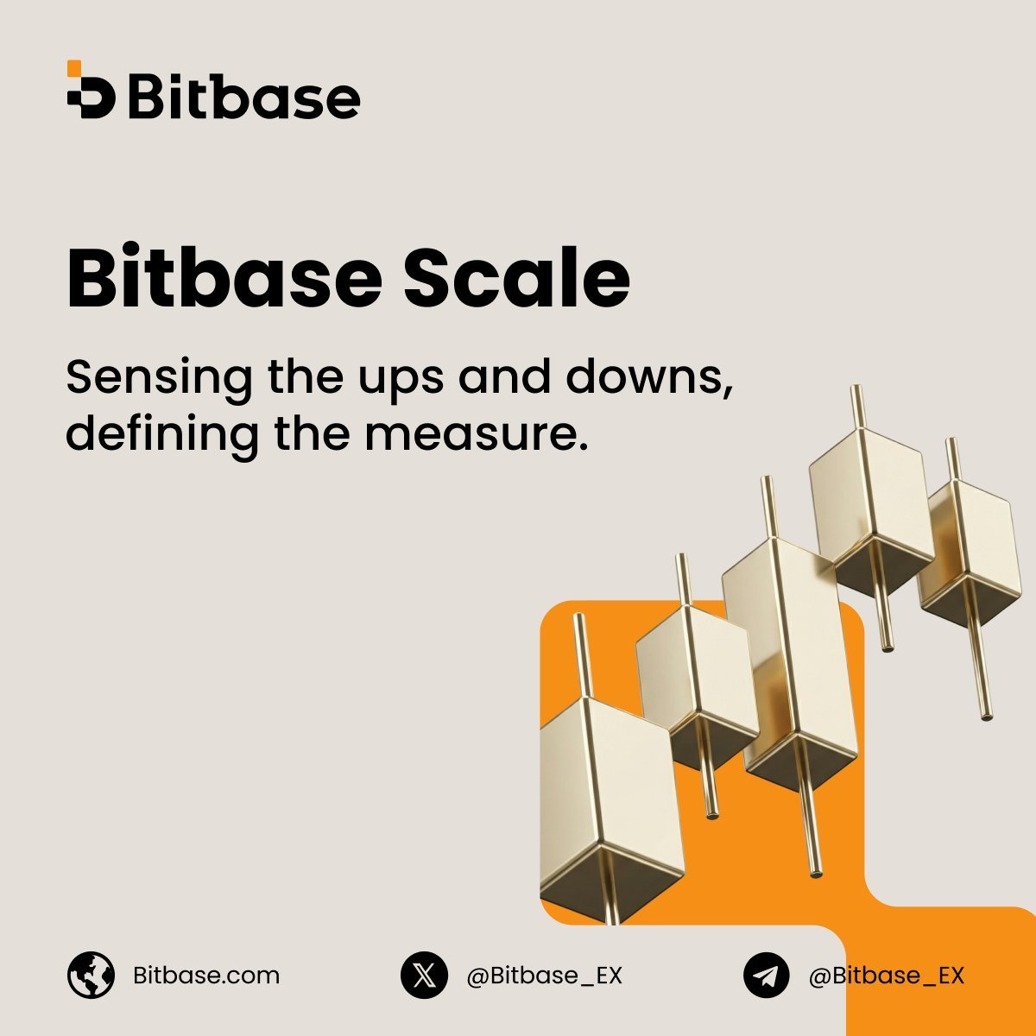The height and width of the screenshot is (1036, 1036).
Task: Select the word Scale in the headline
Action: click(517, 278)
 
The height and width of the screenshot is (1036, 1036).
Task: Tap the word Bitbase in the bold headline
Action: click(224, 278)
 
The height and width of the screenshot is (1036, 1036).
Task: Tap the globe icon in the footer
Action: click(91, 976)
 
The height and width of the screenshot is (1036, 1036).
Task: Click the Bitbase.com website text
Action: click(206, 976)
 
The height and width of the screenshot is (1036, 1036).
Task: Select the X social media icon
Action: click(424, 976)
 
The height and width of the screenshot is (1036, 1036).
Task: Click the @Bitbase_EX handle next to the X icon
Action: click(544, 976)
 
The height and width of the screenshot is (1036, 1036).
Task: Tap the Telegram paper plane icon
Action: click(767, 976)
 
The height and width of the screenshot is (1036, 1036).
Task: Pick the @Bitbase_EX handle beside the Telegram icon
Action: click(886, 976)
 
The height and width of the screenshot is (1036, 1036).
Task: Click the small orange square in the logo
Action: click(74, 68)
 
